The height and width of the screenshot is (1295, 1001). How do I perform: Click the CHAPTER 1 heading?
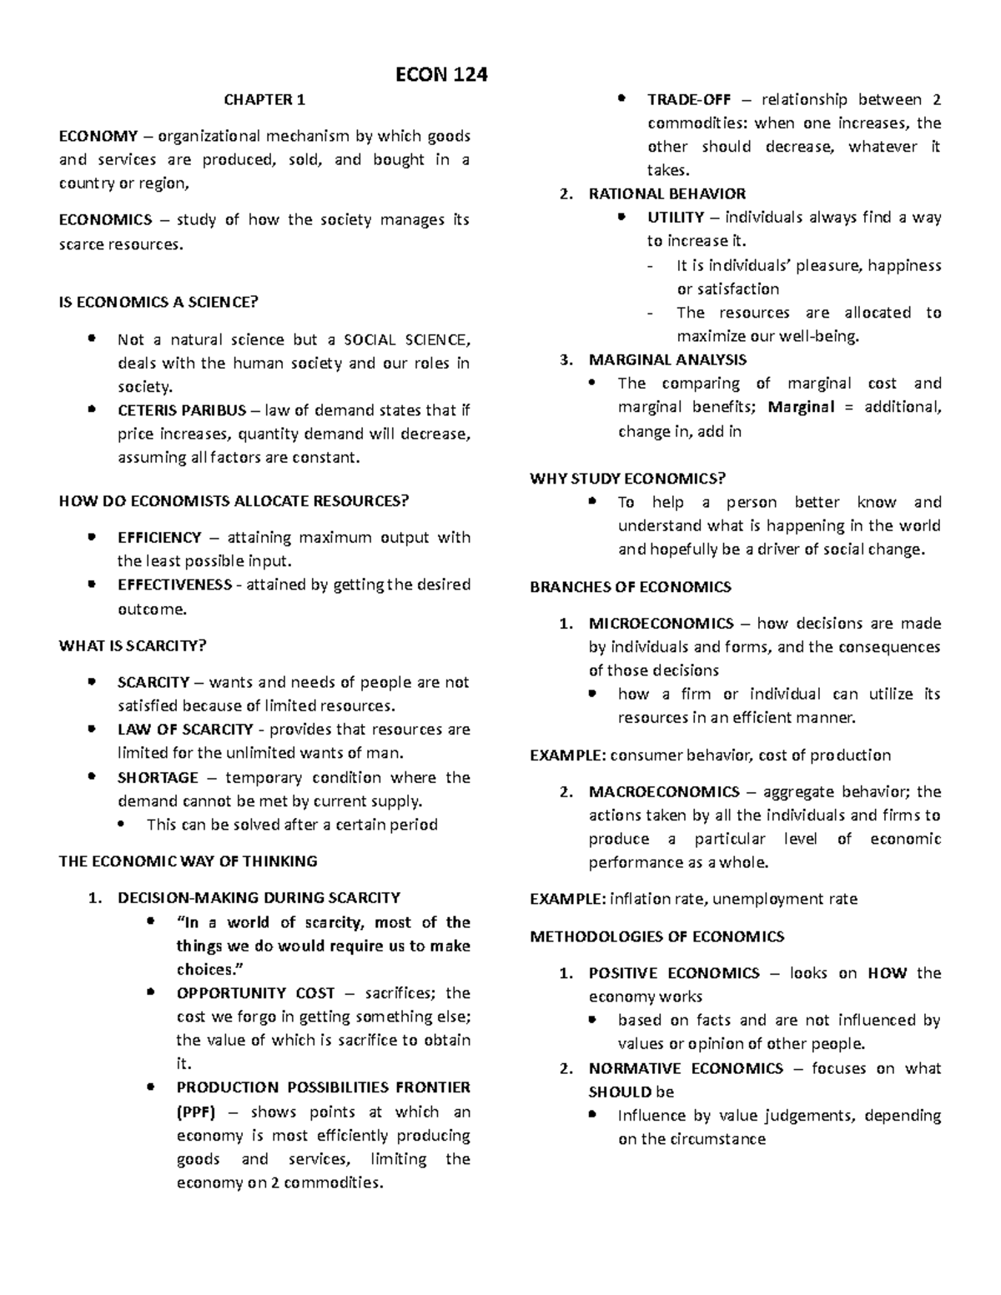[x=264, y=100]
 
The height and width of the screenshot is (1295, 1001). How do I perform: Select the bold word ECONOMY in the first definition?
[x=98, y=136]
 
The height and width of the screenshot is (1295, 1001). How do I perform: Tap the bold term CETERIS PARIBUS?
[x=182, y=410]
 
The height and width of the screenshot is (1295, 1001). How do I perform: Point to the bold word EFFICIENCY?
[x=159, y=538]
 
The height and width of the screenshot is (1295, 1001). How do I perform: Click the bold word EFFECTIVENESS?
[x=174, y=585]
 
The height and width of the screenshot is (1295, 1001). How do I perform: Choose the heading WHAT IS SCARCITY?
[x=133, y=645]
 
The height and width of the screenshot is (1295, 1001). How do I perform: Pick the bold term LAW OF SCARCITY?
[x=185, y=730]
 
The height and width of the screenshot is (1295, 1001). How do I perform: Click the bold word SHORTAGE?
[x=158, y=778]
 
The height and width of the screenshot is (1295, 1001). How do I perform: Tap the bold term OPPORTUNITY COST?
[x=255, y=993]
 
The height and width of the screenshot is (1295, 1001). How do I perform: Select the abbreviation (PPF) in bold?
[x=196, y=1112]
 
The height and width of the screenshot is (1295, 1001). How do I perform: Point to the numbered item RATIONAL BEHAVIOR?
[x=666, y=194]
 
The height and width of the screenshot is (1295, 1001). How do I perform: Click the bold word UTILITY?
[x=676, y=218]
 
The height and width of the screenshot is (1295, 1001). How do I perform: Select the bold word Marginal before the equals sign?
[x=801, y=408]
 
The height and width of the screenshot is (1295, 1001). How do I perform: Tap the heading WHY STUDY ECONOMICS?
[x=628, y=479]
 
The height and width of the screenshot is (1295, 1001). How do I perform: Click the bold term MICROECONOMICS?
[x=661, y=624]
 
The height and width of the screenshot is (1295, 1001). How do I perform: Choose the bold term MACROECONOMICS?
[x=664, y=792]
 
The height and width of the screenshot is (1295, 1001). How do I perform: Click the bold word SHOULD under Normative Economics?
[x=620, y=1092]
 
